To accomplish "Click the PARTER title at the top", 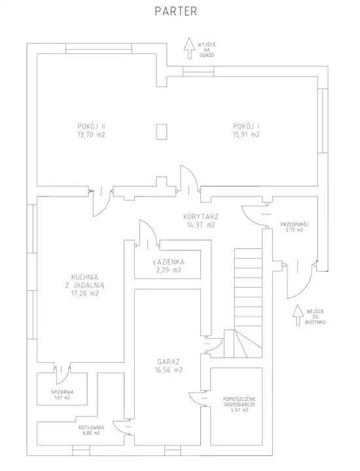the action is pyautogui.click(x=175, y=11).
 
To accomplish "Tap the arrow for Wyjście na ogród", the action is pyautogui.click(x=189, y=48).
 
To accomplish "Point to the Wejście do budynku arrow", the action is pyautogui.click(x=298, y=315).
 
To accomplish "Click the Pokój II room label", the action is pyautogui.click(x=91, y=126).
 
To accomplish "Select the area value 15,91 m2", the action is pyautogui.click(x=246, y=134).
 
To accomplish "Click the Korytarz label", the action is pyautogui.click(x=201, y=216).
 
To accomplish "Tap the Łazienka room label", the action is pyautogui.click(x=168, y=261).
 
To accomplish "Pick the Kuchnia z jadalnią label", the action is pyautogui.click(x=84, y=281).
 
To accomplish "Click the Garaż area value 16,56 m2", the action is pyautogui.click(x=168, y=370).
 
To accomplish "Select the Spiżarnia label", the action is pyautogui.click(x=62, y=392).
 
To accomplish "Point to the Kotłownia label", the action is pyautogui.click(x=91, y=428).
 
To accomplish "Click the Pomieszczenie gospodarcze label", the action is pyautogui.click(x=240, y=402).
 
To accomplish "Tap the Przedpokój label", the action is pyautogui.click(x=295, y=225).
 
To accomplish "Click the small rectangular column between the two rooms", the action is pyautogui.click(x=162, y=132).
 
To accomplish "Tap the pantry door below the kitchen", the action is pyautogui.click(x=62, y=373).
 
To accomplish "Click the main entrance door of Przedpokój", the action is pyautogui.click(x=300, y=281).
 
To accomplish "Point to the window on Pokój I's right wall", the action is pyautogui.click(x=323, y=121).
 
